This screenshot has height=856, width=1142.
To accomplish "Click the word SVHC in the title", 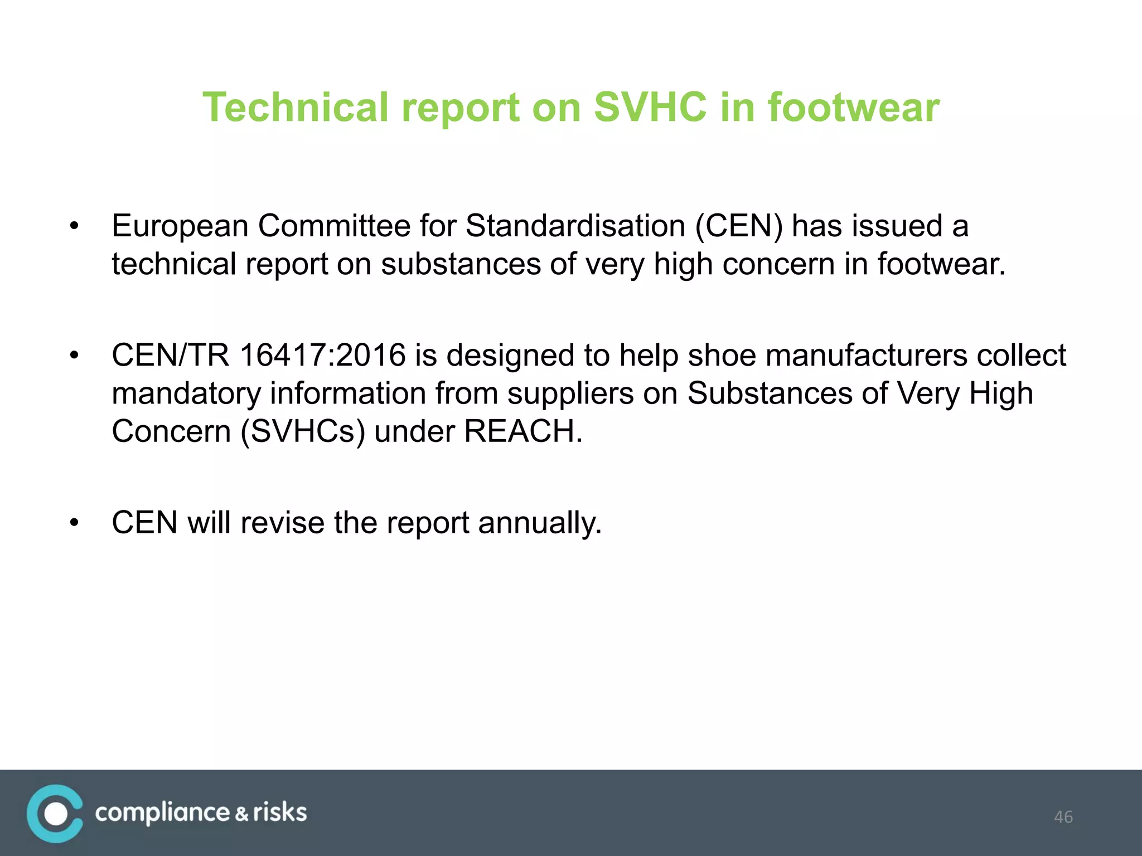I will [x=650, y=107].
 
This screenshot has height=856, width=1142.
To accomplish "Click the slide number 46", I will [x=1063, y=817].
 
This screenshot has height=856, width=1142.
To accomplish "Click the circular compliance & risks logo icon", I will [x=55, y=814].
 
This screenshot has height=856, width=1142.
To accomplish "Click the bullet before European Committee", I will [x=74, y=226].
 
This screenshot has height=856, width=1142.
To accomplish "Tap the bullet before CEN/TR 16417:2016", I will [x=74, y=356].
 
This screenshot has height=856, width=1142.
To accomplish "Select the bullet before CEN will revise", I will [x=74, y=523].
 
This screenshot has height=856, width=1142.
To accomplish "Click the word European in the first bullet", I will [x=180, y=226].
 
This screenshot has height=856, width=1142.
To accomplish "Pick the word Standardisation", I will [x=575, y=226].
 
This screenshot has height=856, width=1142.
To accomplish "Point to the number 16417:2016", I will [x=322, y=356].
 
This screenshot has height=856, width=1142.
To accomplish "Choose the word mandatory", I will [x=186, y=393].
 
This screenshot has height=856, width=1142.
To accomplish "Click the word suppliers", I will [x=570, y=393].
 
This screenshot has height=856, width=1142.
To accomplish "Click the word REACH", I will [x=523, y=431].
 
